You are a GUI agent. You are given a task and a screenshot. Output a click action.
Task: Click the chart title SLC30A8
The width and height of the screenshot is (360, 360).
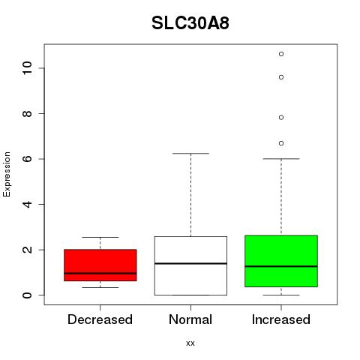pyautogui.click(x=190, y=23)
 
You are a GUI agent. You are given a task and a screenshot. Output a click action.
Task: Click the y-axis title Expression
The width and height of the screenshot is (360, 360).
pyautogui.click(x=7, y=174)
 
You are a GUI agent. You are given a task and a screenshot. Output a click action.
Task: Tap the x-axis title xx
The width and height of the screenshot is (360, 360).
pyautogui.click(x=190, y=343)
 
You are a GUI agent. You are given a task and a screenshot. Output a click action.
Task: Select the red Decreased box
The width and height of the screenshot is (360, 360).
pyautogui.click(x=100, y=265)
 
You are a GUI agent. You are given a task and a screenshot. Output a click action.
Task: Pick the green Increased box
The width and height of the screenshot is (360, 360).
pyautogui.click(x=281, y=261)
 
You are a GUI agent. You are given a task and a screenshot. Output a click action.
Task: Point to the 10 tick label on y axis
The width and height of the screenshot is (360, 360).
pyautogui.click(x=27, y=68)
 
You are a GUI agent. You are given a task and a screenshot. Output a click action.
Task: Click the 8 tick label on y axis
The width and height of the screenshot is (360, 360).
pyautogui.click(x=27, y=113)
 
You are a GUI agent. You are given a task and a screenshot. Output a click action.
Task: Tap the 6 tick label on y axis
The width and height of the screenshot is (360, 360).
pyautogui.click(x=27, y=159)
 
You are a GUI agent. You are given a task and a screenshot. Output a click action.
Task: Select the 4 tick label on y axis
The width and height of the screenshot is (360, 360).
pyautogui.click(x=27, y=204)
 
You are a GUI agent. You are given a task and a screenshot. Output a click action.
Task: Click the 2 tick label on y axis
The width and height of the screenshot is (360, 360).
pyautogui.click(x=27, y=250)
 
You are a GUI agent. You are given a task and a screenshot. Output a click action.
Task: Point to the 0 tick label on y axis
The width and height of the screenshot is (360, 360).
pyautogui.click(x=27, y=295)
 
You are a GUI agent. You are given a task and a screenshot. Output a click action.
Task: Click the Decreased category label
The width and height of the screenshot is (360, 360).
pyautogui.click(x=100, y=319)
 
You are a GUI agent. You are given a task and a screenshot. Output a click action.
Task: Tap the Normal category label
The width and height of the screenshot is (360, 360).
pyautogui.click(x=190, y=319)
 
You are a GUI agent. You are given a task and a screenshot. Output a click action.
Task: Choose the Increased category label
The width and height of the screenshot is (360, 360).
pyautogui.click(x=281, y=319)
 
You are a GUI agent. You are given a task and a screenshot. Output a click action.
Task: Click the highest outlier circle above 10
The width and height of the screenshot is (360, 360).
pyautogui.click(x=281, y=54)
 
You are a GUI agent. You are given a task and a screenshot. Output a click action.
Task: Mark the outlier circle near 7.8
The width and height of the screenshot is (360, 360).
pyautogui.click(x=281, y=118)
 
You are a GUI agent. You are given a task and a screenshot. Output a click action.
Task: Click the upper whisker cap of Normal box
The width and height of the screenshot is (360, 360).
pyautogui.click(x=190, y=154)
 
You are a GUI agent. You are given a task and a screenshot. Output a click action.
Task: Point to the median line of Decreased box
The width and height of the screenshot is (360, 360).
pyautogui.click(x=100, y=273)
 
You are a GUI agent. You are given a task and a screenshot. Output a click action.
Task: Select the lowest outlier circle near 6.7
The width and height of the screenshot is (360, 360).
pyautogui.click(x=281, y=143)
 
